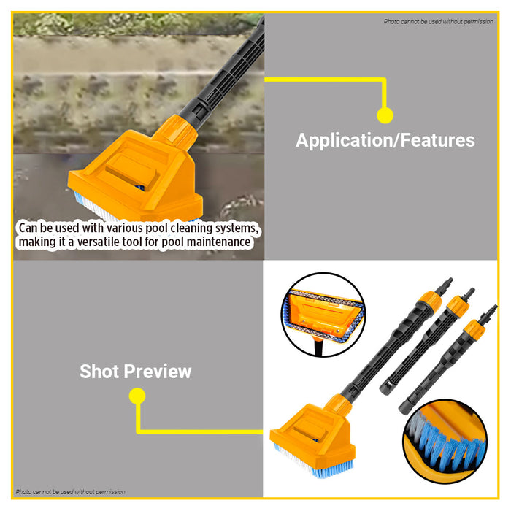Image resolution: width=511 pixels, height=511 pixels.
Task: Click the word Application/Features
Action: coord(385,140)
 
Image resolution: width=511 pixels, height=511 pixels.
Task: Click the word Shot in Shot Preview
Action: coord(99,371)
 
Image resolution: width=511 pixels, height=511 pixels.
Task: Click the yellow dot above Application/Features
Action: coord(385,115)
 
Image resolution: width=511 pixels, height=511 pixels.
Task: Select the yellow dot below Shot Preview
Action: coord(137,396)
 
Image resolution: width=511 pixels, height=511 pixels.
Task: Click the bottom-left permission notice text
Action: coord(70,492)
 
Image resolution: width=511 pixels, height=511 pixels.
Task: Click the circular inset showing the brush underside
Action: coord(322,314)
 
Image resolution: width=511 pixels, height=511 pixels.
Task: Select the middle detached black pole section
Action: coord(422,343)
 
